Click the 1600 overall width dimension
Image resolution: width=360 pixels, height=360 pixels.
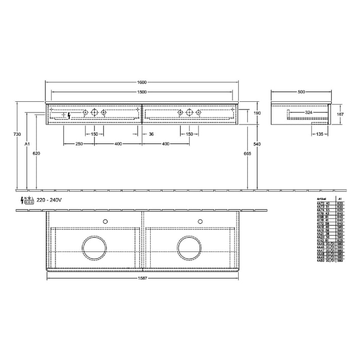click(142, 82)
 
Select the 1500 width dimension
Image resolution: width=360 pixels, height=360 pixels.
click(142, 92)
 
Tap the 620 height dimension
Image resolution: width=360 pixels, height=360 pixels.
click(36, 153)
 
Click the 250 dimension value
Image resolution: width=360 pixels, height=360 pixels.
click(79, 144)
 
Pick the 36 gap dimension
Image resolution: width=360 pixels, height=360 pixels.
click(151, 134)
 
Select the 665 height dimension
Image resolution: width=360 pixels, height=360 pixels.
click(248, 153)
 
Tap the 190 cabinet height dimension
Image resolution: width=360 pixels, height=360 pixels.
click(257, 113)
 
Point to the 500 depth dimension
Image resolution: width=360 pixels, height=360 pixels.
click(301, 92)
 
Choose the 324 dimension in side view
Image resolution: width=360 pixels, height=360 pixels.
click(309, 111)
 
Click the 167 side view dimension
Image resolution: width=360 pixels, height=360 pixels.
click(339, 114)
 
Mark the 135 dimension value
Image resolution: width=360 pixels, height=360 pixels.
click(319, 134)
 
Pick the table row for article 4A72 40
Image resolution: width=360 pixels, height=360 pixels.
click(327, 204)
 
